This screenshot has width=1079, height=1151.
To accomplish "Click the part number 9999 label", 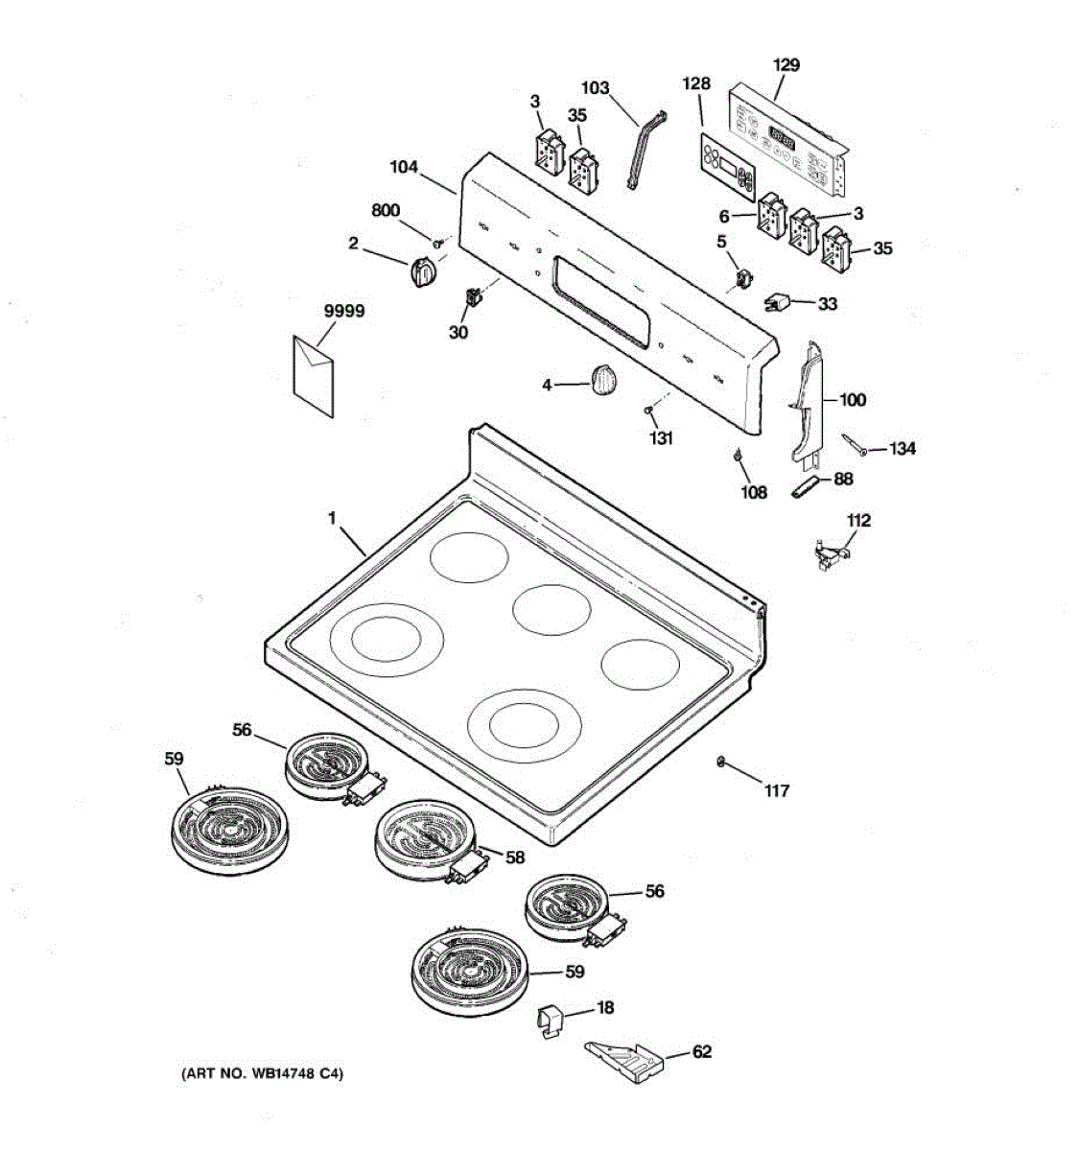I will [x=342, y=312].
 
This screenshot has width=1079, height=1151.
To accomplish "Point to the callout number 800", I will [x=386, y=211].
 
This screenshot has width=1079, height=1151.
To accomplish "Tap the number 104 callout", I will [x=404, y=167].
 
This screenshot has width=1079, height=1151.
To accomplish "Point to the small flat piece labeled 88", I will [x=804, y=487].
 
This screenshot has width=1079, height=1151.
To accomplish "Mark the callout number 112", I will [x=858, y=520].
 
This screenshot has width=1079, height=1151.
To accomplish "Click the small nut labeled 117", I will [x=719, y=763].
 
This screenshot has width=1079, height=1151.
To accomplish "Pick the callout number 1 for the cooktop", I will [x=332, y=519].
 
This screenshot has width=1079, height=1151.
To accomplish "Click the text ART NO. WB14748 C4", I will [x=262, y=1074].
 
